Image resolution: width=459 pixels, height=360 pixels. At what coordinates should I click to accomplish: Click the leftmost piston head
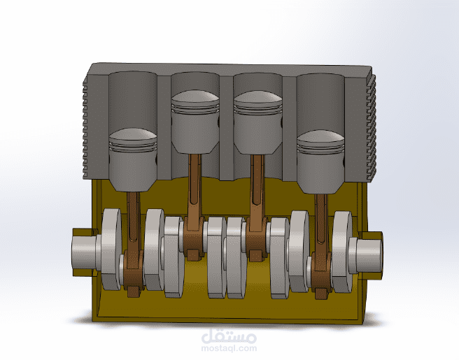pyautogui.click(x=133, y=158)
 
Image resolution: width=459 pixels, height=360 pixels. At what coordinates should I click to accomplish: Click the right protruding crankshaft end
pyautogui.click(x=369, y=252)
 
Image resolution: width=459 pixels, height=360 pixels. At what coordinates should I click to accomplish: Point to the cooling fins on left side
pyautogui.click(x=88, y=126)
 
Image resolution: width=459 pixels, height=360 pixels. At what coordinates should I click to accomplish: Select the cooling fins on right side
pyautogui.click(x=372, y=126)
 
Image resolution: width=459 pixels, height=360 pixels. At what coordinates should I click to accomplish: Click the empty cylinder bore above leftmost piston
pyautogui.click(x=133, y=98)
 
